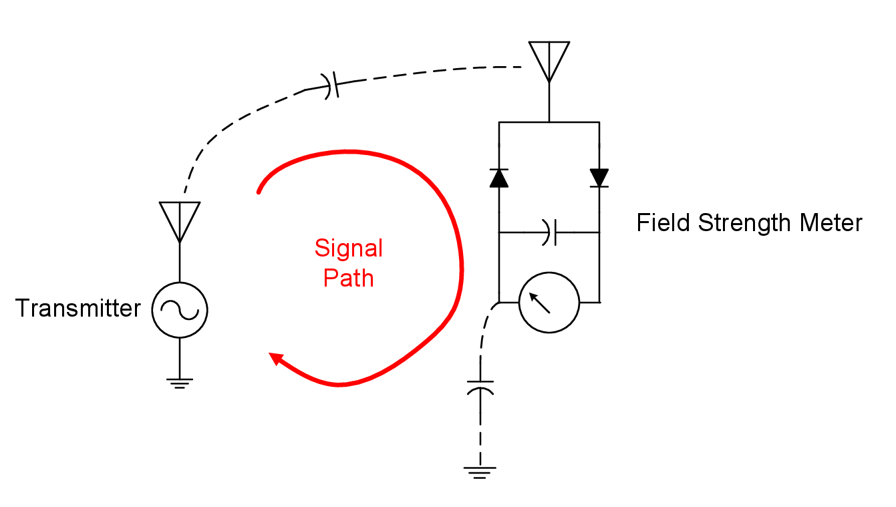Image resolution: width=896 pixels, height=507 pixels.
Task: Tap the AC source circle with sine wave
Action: pyautogui.click(x=180, y=309)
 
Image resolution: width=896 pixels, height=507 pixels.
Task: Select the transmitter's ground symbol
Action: pyautogui.click(x=180, y=383)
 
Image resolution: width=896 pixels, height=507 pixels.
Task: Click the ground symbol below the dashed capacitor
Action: pyautogui.click(x=480, y=472)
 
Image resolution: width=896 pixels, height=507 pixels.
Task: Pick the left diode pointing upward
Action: pyautogui.click(x=498, y=178)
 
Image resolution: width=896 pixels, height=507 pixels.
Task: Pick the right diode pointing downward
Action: pyautogui.click(x=599, y=178)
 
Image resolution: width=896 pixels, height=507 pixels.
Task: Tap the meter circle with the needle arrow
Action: pyautogui.click(x=549, y=303)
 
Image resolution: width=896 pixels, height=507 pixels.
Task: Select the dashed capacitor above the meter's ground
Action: pyautogui.click(x=480, y=387)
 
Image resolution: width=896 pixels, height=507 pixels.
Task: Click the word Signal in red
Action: pyautogui.click(x=348, y=248)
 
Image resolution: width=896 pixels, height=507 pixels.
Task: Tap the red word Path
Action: pyautogui.click(x=348, y=278)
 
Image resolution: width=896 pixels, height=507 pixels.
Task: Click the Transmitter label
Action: pyautogui.click(x=78, y=309)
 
